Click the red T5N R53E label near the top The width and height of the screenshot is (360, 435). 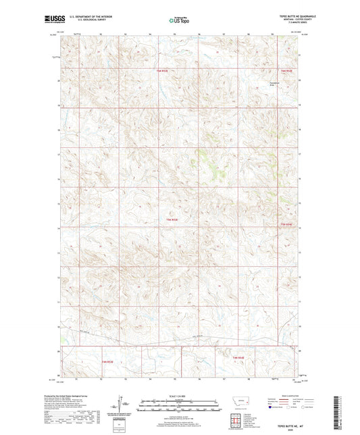(x=161, y=70)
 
